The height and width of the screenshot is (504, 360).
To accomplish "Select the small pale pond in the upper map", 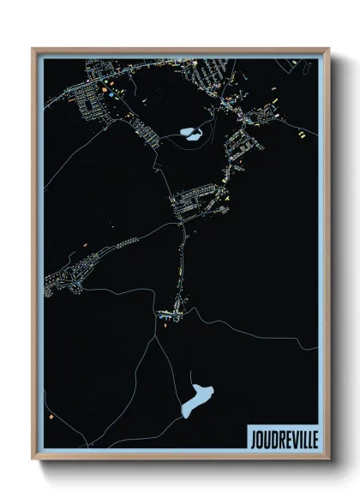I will point(189,132).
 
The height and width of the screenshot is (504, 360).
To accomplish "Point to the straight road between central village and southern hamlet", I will point(181,266).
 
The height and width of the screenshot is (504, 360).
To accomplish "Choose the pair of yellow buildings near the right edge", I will point(303,134).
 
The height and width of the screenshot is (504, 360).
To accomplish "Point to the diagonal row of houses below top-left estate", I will point(146,133).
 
